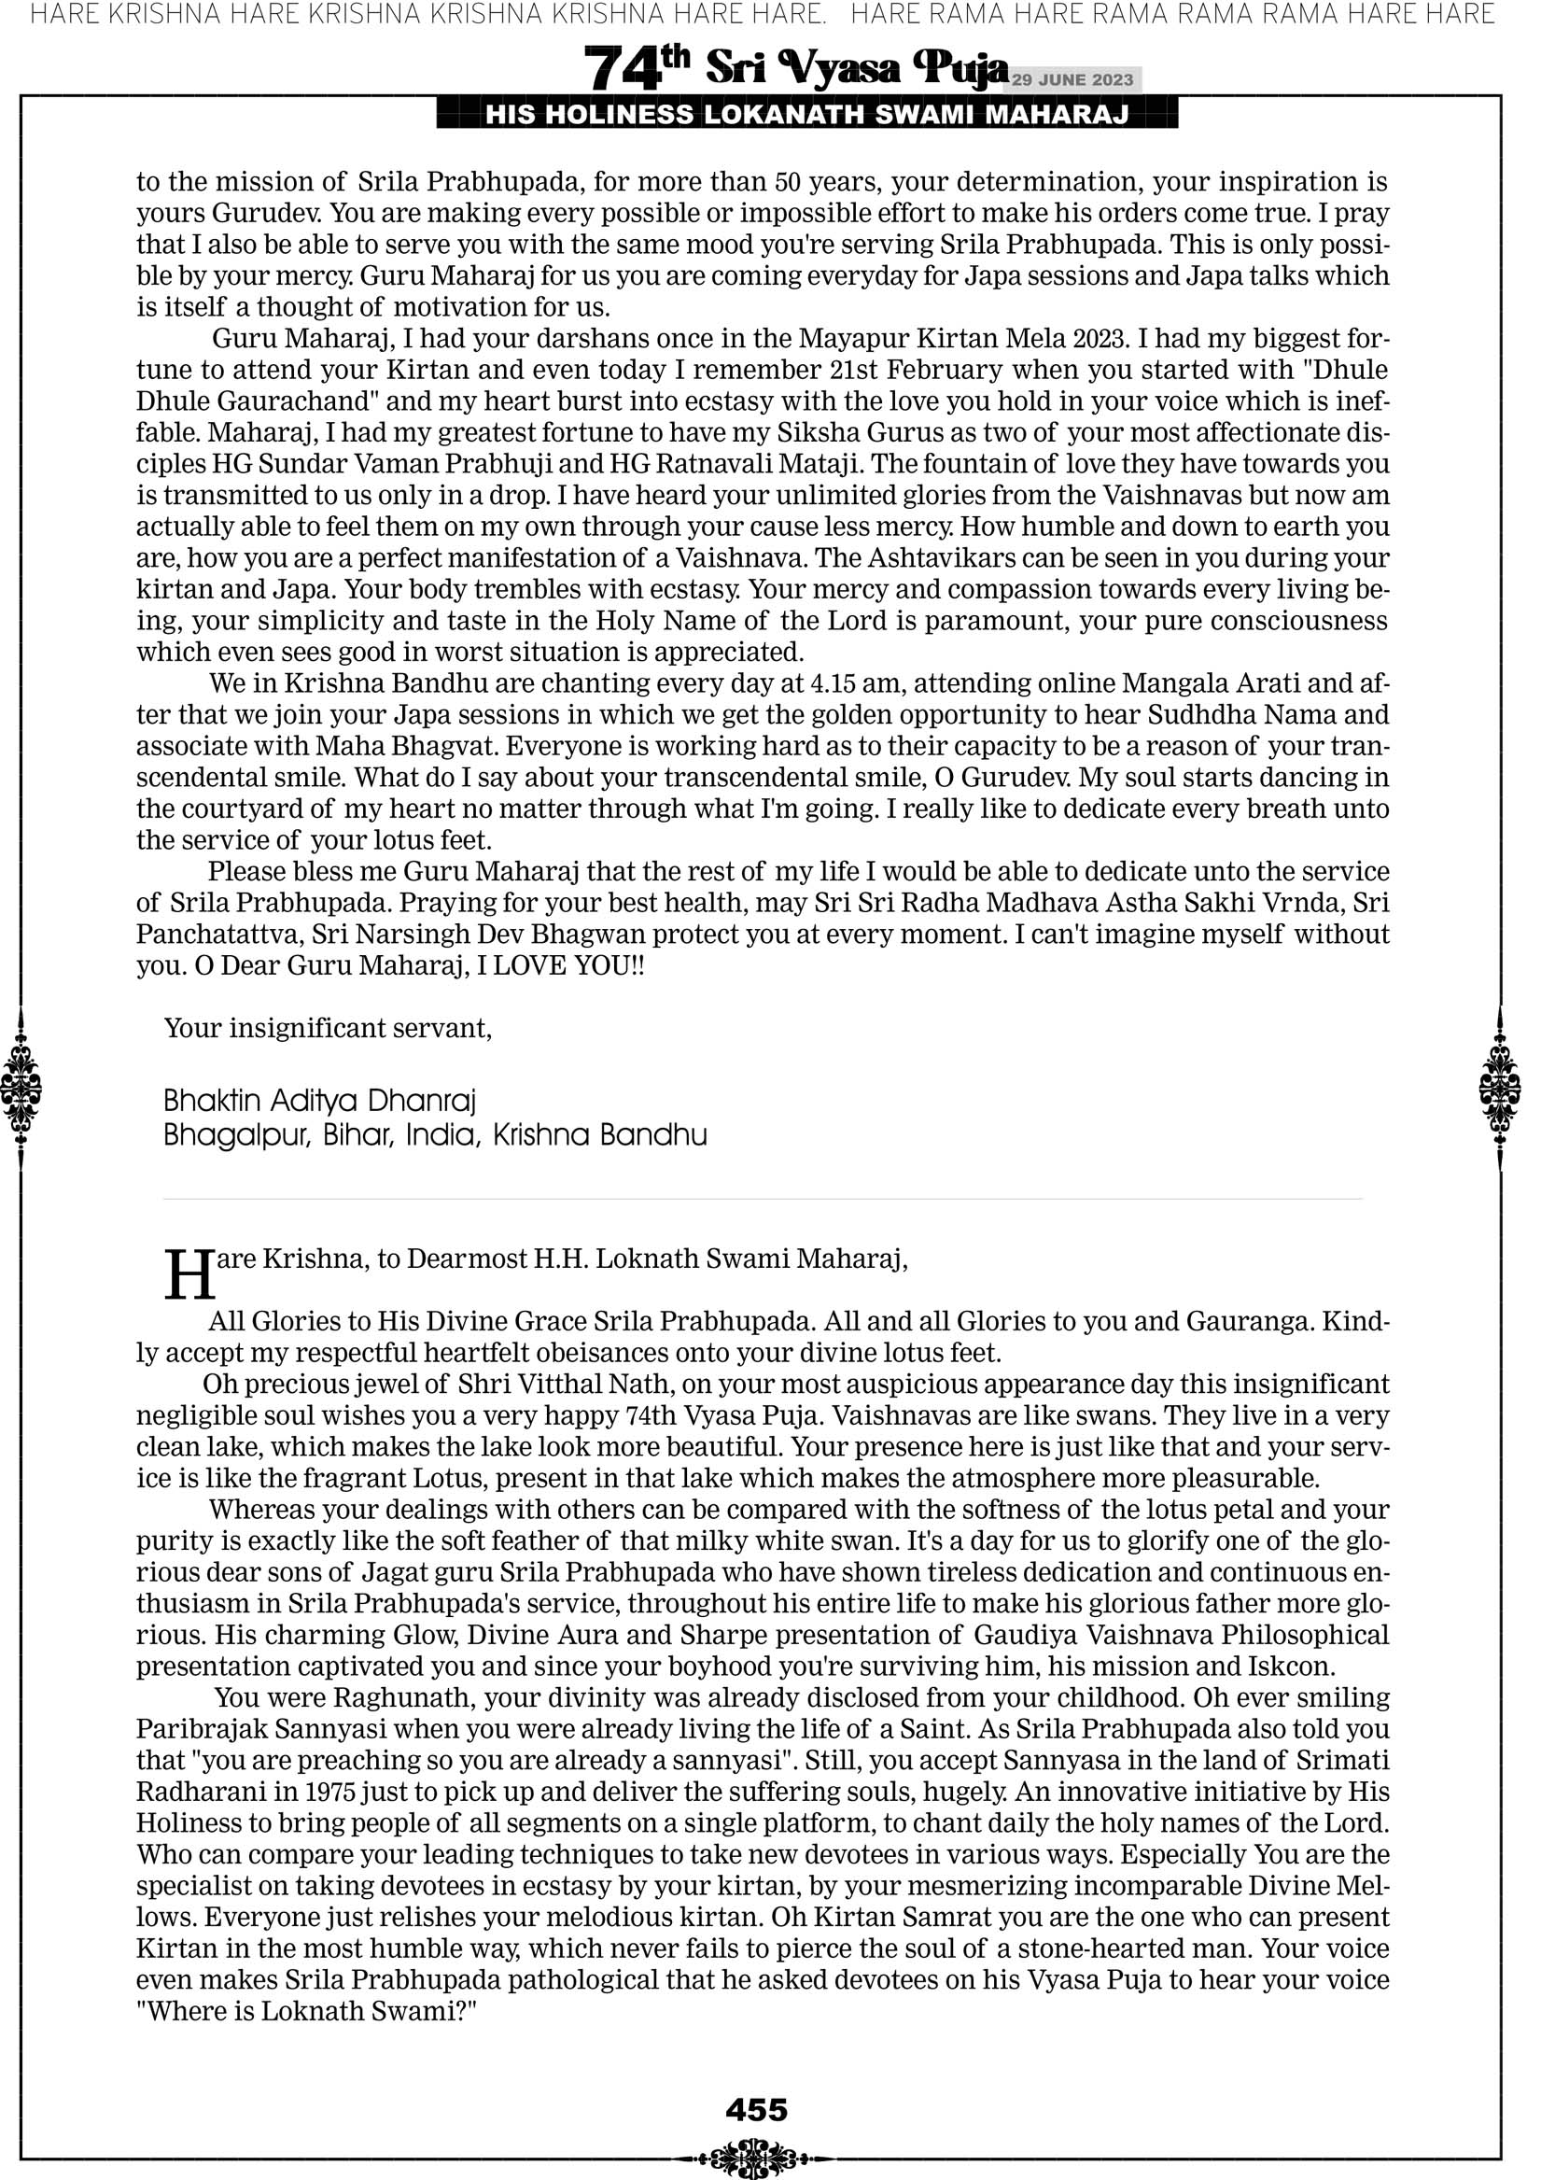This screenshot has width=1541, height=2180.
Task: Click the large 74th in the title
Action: tap(637, 69)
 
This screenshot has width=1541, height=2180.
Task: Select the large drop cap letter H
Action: tap(189, 1274)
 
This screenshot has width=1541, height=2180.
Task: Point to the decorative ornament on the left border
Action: tap(20, 1088)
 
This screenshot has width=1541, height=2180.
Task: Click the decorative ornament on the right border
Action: tap(1500, 1088)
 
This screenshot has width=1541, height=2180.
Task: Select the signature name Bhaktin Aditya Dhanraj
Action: tap(319, 1101)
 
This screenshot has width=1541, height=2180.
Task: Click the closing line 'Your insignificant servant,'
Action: tap(328, 1027)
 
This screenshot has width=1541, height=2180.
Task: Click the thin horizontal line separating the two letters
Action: tap(763, 1199)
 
